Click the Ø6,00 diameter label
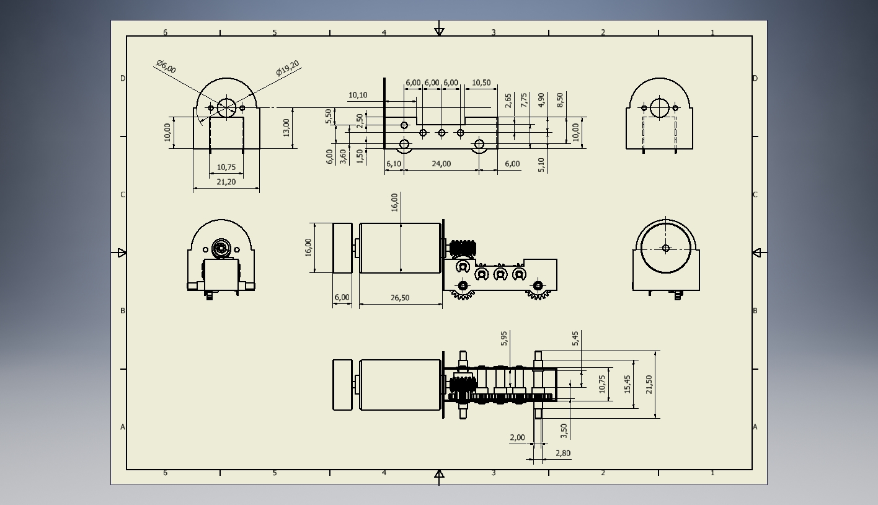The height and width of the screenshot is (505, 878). [166, 66]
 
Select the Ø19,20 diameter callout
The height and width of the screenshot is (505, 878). [288, 68]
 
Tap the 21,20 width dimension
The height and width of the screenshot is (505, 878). [226, 182]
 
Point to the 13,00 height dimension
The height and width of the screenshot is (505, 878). [286, 127]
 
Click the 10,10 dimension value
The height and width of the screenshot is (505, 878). [358, 95]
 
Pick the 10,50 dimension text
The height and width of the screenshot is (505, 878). [481, 83]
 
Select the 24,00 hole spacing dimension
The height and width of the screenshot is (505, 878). [441, 164]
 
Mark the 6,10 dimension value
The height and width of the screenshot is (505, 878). [394, 164]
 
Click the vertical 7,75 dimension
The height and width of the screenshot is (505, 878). [524, 101]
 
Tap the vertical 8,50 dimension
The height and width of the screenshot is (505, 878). [560, 100]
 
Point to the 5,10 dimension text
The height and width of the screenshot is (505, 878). [541, 164]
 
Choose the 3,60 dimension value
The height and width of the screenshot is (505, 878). [343, 156]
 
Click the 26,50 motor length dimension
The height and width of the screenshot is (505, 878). [400, 297]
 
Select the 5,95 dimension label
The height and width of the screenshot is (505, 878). [504, 338]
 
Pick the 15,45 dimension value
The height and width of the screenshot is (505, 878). [627, 384]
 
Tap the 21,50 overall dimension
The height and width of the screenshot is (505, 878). [649, 384]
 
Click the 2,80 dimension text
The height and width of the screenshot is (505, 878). [563, 453]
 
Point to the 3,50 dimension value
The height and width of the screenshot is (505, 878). [563, 430]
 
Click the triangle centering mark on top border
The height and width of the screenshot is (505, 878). [439, 31]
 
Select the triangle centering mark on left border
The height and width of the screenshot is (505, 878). [122, 253]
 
